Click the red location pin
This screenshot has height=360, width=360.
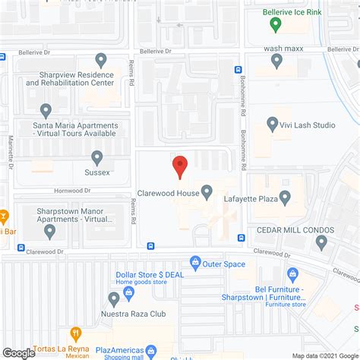(x=179, y=166)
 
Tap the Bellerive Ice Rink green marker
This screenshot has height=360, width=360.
(x=274, y=24)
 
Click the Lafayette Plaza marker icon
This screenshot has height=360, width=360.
(x=285, y=197)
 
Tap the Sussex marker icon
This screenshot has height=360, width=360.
(x=97, y=157)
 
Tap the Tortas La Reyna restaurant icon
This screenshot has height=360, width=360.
(x=76, y=333)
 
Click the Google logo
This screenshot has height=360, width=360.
(x=19, y=352)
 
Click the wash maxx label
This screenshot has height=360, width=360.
(x=283, y=49)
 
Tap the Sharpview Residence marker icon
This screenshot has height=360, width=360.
(x=101, y=60)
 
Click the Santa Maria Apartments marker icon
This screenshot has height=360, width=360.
(x=46, y=111)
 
